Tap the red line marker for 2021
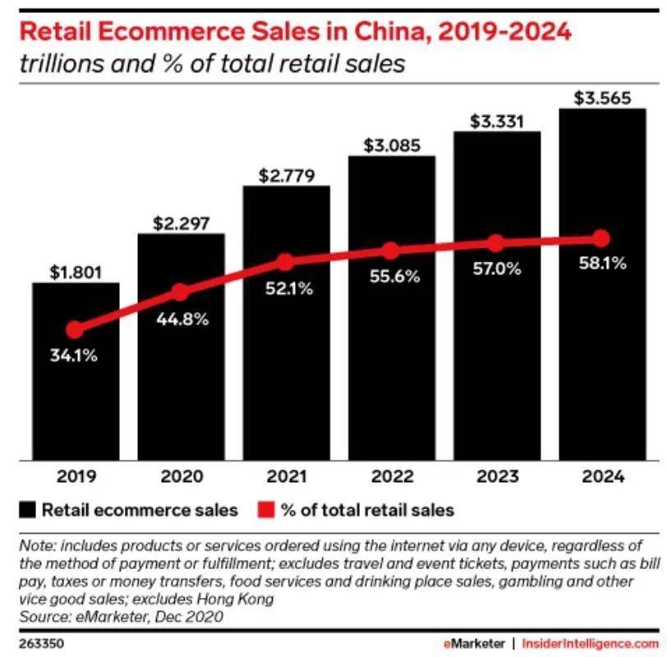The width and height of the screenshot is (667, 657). click(x=285, y=263)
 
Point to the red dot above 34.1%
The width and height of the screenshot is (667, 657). click(x=75, y=330)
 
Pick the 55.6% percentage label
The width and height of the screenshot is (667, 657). click(x=391, y=277)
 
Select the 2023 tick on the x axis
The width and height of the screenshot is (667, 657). click(x=496, y=476)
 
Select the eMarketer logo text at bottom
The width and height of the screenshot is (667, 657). click(x=473, y=640)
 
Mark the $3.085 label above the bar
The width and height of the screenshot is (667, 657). click(x=391, y=146)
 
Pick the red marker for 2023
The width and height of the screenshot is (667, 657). click(x=496, y=243)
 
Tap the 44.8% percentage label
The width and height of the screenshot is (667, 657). click(x=181, y=319)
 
